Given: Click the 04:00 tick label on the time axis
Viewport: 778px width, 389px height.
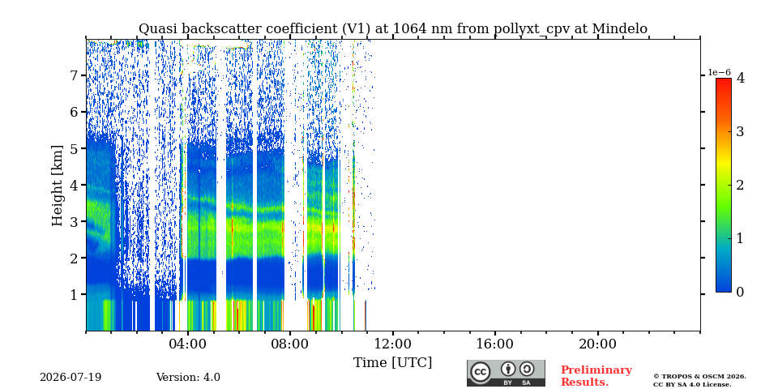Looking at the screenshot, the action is coord(188,344).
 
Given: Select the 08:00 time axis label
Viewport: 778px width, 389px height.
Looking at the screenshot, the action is coord(290,344).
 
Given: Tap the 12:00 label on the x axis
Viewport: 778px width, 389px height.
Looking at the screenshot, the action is coord(392,344).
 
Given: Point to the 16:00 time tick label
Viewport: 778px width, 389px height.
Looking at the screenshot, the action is coord(494,344).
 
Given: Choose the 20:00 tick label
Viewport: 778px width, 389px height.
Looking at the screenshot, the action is coord(597,344).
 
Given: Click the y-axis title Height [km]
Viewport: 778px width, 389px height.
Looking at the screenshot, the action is coord(58,186).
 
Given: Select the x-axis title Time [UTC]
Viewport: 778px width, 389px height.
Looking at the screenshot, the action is coord(392,363).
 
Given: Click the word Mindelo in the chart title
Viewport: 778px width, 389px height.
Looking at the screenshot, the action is coord(619,29).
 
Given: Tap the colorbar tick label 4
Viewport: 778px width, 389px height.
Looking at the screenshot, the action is coord(741,78).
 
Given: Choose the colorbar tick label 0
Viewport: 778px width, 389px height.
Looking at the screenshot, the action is coord(741,293).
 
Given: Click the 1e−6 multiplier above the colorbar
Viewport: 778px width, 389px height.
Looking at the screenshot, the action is coord(719,72).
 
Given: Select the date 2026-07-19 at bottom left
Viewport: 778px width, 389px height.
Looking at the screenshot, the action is coord(71,378).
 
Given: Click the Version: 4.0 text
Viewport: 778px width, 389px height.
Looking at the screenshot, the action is coord(188,378).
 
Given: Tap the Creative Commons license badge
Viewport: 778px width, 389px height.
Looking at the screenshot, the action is coord(506,373).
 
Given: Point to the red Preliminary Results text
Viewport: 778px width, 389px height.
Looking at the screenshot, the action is coord(596,376).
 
